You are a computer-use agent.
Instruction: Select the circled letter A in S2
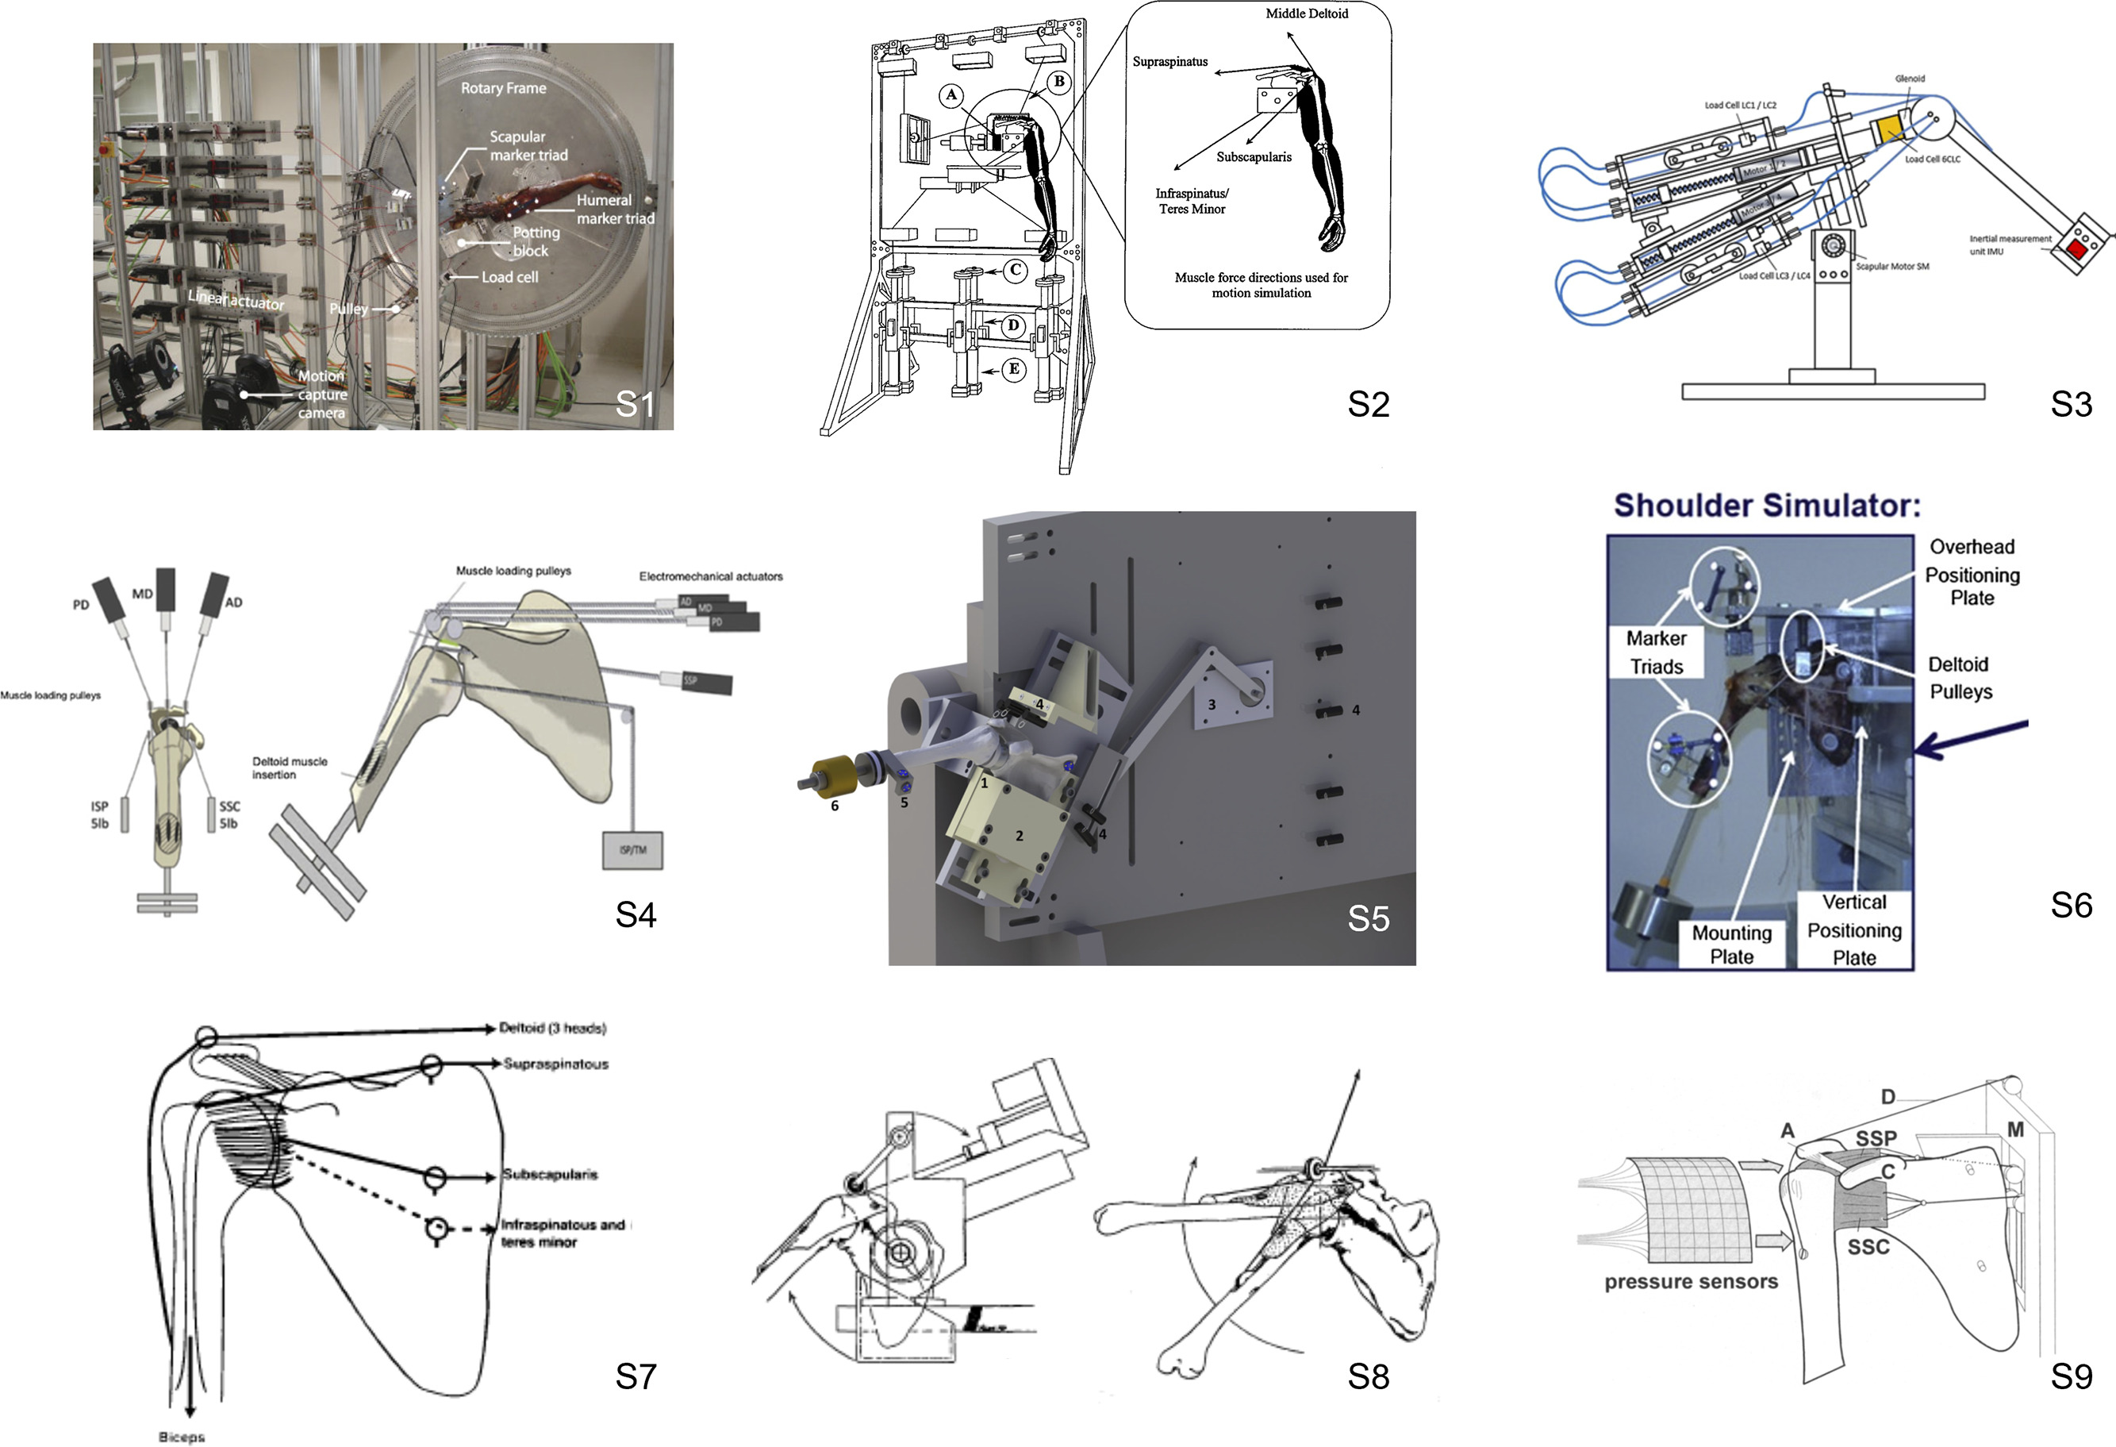(x=951, y=94)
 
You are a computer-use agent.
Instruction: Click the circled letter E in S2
(x=1013, y=369)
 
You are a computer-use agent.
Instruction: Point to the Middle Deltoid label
(x=1306, y=13)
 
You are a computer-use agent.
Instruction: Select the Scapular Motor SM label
(x=1892, y=267)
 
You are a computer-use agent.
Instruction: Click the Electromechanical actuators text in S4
(x=710, y=576)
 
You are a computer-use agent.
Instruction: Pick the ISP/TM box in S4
(x=633, y=851)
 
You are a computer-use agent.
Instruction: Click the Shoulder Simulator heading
(x=1766, y=506)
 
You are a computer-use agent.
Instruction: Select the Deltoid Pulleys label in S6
(x=1960, y=678)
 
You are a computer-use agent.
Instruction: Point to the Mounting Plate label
(x=1731, y=945)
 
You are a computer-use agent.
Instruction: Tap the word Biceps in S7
(x=181, y=1437)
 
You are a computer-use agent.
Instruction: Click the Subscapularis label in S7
(x=550, y=1175)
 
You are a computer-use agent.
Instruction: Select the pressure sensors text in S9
(x=1691, y=1282)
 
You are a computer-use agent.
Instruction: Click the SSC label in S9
(x=1868, y=1247)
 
